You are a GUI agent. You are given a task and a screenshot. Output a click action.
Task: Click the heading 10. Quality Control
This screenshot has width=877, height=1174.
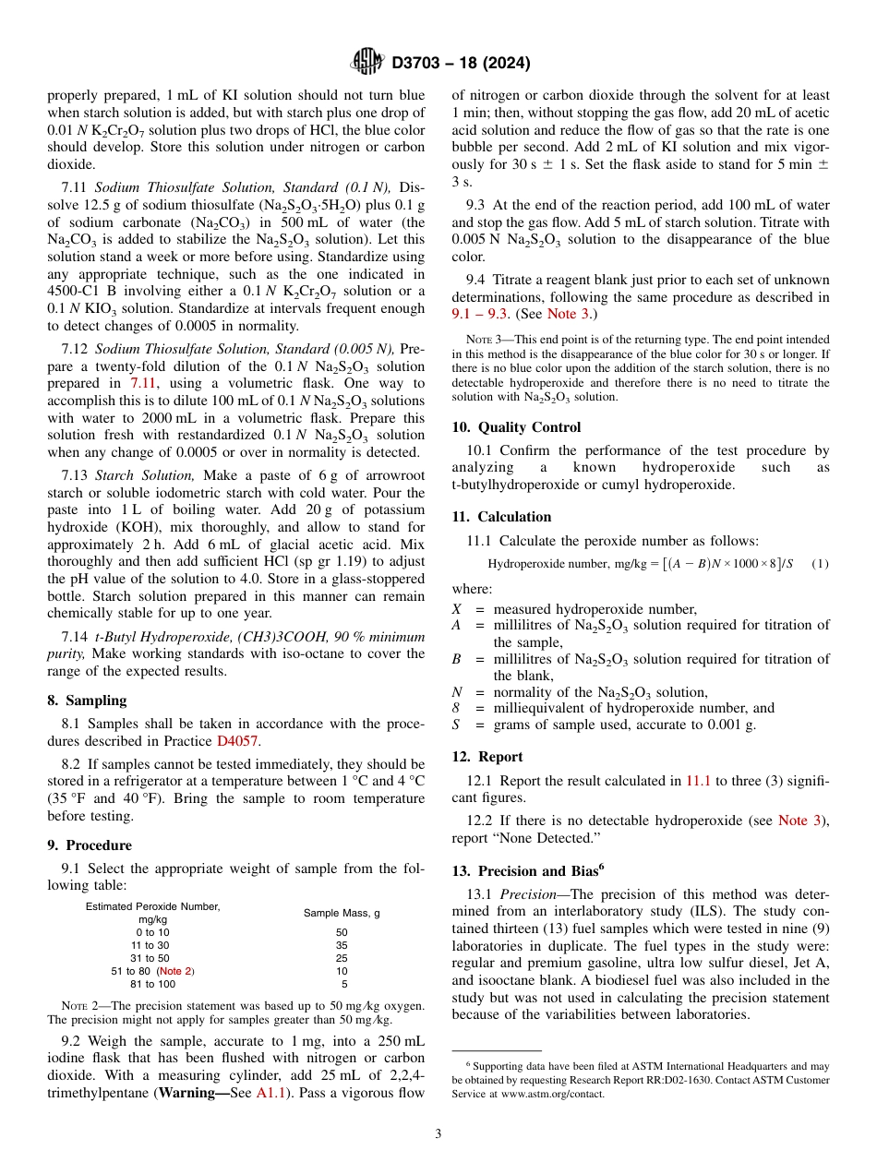point(516,427)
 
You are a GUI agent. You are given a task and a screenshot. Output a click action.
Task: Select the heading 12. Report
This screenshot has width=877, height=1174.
point(487,757)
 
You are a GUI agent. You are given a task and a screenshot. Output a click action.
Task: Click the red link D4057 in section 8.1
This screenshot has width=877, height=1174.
point(235,740)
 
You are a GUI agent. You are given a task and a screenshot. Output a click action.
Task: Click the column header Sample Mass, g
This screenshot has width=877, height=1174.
point(342,913)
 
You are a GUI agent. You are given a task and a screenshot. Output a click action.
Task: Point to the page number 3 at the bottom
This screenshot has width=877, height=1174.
point(438,1133)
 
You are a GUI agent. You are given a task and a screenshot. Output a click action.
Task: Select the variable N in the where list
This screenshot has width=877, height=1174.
point(457,693)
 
